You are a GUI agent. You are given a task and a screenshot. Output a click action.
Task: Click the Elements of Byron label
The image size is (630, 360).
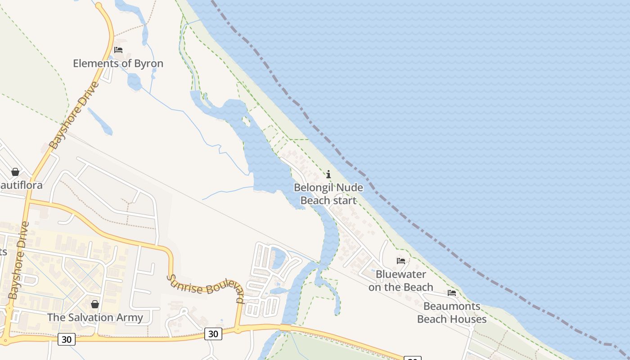[x=118, y=63]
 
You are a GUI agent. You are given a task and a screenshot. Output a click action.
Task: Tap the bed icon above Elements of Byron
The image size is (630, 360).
[x=118, y=49]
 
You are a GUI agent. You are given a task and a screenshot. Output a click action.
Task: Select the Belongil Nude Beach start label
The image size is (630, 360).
[x=328, y=194]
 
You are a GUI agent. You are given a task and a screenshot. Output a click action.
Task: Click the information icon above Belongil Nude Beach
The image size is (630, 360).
[x=328, y=174]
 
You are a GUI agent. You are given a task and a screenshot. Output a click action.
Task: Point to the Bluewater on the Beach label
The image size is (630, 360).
[x=400, y=280]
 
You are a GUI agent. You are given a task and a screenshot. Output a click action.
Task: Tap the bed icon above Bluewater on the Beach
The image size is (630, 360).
[x=400, y=261]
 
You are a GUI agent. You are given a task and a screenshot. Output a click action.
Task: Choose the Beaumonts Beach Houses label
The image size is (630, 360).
[x=452, y=313]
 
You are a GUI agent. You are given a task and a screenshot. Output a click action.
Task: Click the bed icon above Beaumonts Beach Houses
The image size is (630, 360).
[x=452, y=293]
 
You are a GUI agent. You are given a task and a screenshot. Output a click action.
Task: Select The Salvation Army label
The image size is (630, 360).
[x=95, y=317]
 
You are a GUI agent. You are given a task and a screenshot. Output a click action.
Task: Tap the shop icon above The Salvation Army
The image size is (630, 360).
[x=95, y=305]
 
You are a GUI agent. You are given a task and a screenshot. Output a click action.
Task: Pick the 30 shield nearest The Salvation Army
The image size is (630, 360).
[x=67, y=339]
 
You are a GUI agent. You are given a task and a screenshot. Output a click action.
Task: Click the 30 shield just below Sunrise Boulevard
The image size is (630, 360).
[x=213, y=333]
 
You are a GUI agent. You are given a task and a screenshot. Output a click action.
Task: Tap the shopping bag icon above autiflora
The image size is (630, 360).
[x=15, y=172]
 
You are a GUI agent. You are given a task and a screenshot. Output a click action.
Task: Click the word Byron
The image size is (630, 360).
[x=148, y=63]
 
